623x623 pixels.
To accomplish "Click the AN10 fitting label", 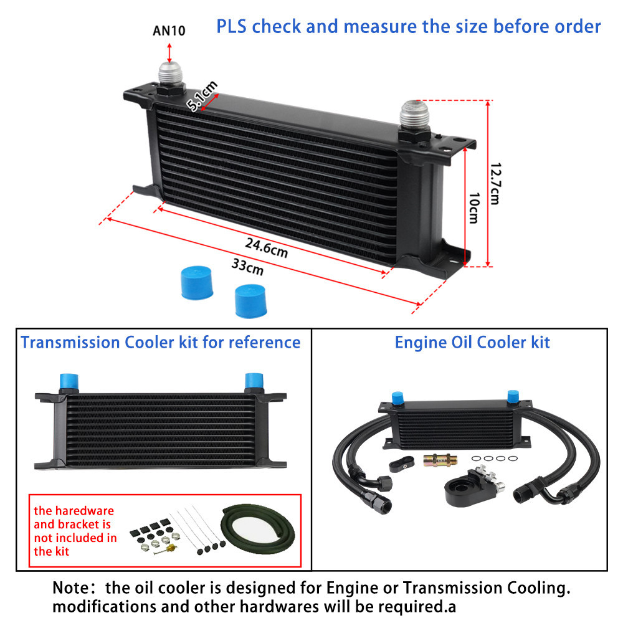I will (169, 30).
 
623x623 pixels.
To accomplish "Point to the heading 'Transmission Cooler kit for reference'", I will (161, 343).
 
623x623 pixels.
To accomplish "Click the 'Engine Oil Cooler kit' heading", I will (472, 343).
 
